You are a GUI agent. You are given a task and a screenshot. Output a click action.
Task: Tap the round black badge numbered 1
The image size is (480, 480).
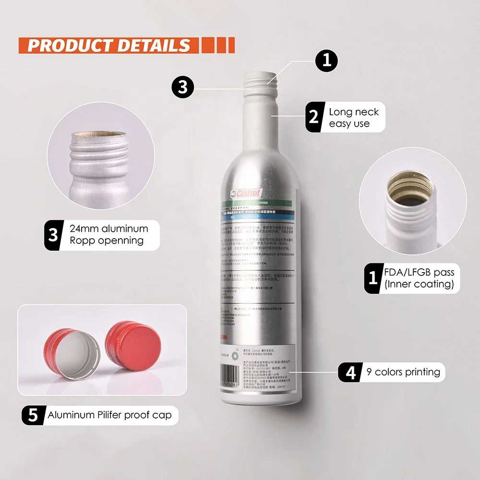[326, 61]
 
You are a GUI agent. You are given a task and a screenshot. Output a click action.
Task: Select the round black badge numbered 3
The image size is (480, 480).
[183, 88]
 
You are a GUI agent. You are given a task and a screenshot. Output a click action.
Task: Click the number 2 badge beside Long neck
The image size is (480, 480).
[313, 118]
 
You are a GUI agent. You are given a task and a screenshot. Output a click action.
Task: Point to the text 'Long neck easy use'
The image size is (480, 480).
[354, 118]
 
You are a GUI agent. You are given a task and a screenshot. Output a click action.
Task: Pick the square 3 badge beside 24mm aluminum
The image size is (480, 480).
[53, 235]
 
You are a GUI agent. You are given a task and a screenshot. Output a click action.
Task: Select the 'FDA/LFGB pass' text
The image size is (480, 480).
[419, 273]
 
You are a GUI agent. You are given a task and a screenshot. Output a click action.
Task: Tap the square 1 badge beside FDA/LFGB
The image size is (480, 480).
[372, 278]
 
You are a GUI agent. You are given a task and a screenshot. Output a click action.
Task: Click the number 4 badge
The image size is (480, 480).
[351, 372]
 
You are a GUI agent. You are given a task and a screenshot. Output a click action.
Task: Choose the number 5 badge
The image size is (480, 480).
[33, 414]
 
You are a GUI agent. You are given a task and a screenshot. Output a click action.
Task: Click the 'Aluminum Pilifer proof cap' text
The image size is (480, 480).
[109, 415]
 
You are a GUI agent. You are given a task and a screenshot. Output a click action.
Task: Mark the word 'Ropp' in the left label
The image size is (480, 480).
[82, 240]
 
